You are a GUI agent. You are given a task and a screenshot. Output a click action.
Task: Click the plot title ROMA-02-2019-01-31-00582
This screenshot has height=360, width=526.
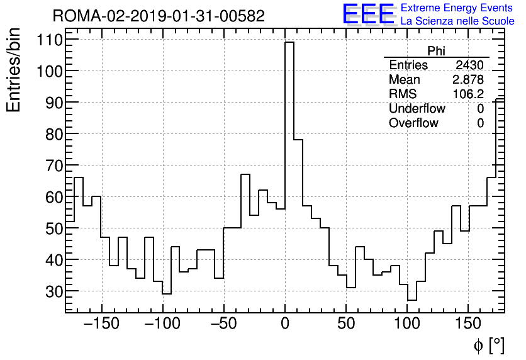[x=159, y=16]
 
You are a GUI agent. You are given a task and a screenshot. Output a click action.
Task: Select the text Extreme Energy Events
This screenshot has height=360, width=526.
[x=457, y=8]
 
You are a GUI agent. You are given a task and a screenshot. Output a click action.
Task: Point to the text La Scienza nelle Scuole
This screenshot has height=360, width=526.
[x=457, y=21]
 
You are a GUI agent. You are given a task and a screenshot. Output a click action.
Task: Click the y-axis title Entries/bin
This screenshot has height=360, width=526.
[x=14, y=70]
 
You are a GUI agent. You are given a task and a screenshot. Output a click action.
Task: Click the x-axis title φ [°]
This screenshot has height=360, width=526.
[x=488, y=345]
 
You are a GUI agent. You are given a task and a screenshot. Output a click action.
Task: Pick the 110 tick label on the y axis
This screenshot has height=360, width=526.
[x=48, y=40]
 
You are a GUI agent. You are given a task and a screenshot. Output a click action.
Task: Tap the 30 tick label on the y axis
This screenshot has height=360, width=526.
[x=53, y=291]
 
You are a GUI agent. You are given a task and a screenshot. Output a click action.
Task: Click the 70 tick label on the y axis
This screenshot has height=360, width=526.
[x=53, y=166]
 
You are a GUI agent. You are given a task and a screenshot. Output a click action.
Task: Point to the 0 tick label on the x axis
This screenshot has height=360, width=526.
[x=285, y=324]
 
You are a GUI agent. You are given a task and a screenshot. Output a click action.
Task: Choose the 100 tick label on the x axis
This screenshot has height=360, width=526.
[x=407, y=324]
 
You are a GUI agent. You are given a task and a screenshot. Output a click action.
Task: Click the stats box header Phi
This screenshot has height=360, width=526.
[x=436, y=52]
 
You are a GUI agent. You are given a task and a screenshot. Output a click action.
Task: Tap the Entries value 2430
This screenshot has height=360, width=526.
[x=469, y=65]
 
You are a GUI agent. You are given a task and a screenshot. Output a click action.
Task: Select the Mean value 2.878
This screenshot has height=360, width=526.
[x=468, y=80]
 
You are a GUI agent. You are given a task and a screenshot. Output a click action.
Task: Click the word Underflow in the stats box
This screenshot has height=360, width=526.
[x=417, y=109]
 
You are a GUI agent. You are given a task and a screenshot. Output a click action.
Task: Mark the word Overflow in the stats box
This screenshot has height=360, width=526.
[x=413, y=123]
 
